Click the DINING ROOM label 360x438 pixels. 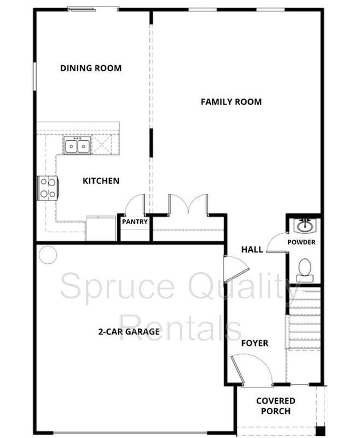point(91,68)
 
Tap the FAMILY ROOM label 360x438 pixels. point(231,102)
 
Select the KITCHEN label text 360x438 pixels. point(101,181)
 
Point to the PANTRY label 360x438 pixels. point(135,222)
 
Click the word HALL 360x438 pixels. point(252,249)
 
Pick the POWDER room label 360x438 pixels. point(301,242)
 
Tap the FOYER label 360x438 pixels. point(254,343)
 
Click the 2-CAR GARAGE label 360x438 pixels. point(129,332)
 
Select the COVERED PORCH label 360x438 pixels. point(276,406)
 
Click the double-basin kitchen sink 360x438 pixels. point(77,145)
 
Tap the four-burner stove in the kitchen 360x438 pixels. point(48,188)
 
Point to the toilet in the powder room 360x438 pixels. point(305,270)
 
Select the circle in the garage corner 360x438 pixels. point(48,255)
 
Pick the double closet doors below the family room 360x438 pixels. point(188,204)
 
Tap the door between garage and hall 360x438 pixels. point(236,268)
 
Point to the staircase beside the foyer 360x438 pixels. point(303,319)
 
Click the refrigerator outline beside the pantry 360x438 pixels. point(101,228)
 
